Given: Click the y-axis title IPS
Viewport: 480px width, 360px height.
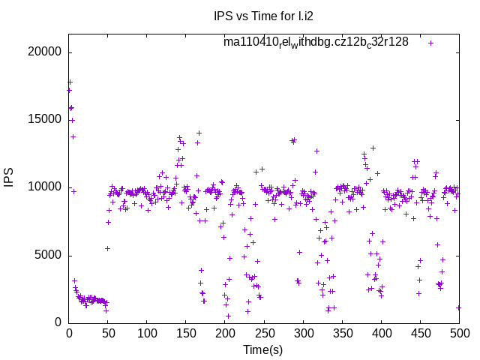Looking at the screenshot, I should (x=10, y=178).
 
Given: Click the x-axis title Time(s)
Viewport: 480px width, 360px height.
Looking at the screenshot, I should (x=263, y=349).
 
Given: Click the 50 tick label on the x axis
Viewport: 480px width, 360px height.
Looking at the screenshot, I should (x=108, y=334).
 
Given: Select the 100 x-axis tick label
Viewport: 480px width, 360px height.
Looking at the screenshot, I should (x=147, y=334).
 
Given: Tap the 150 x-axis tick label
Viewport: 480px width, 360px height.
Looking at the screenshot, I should (x=186, y=334).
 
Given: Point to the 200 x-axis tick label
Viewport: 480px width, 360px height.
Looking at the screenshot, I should (x=225, y=334).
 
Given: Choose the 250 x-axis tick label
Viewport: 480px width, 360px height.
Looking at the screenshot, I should (x=264, y=334).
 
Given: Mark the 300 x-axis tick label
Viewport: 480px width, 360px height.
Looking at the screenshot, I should (x=303, y=334).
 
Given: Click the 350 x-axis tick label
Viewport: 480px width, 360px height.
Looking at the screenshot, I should (x=342, y=334).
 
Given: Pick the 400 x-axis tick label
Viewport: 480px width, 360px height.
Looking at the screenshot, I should (x=381, y=334).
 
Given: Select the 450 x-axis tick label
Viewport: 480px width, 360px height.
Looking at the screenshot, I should (x=420, y=334).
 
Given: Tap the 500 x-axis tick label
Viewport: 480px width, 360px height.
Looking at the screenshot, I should (x=459, y=334).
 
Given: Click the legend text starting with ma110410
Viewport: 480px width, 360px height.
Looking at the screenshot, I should (x=316, y=42).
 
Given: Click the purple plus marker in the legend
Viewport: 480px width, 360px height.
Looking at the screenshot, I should (x=430, y=43).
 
